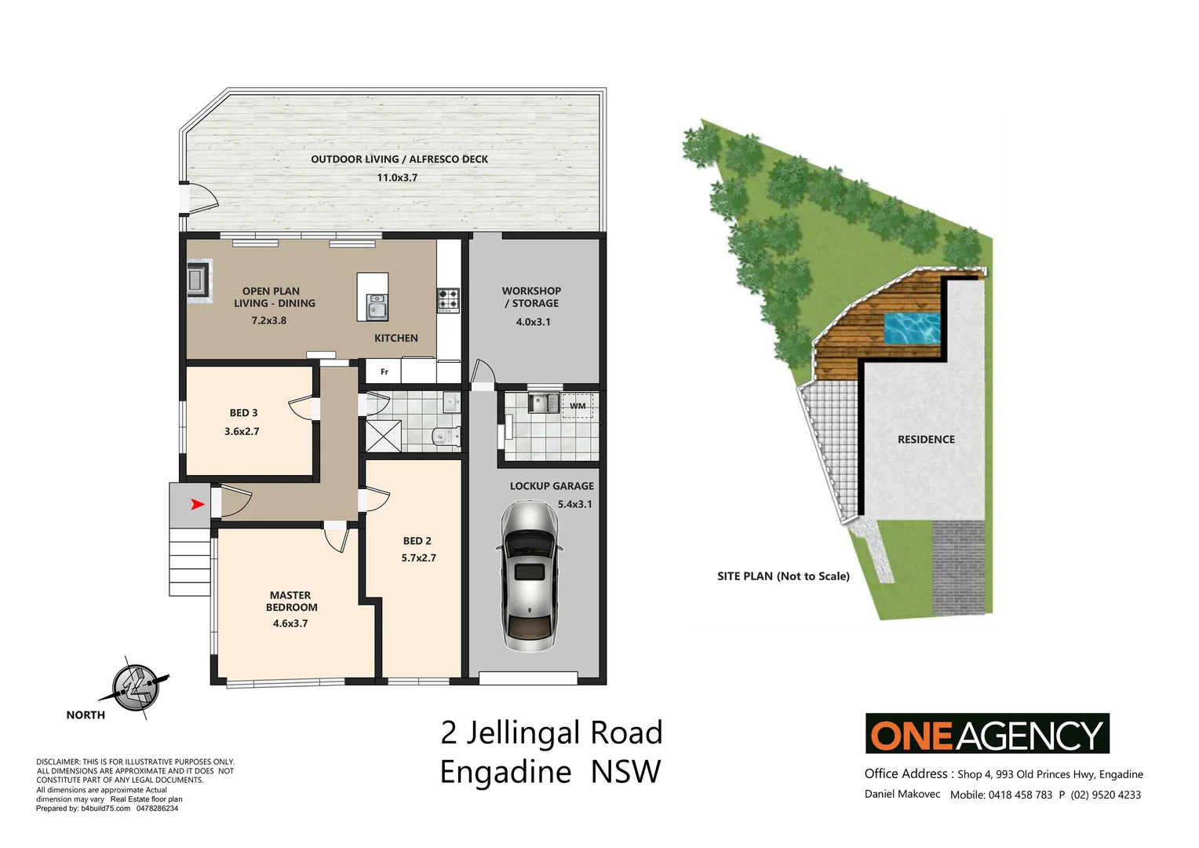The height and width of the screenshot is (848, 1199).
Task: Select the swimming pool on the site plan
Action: click(912, 328)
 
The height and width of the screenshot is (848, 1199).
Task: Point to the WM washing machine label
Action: click(578, 406)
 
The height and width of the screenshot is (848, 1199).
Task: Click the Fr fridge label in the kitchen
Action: click(384, 371)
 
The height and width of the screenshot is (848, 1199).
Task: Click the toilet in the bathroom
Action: click(444, 437)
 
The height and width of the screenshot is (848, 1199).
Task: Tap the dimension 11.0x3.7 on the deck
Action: click(397, 177)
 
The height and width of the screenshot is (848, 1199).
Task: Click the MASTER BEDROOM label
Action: click(290, 601)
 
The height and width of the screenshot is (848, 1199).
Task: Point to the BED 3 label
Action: click(243, 412)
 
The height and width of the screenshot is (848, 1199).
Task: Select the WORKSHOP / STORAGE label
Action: click(531, 297)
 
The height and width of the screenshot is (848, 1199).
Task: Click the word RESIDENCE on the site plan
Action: click(926, 439)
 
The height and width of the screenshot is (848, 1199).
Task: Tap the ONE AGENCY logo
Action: click(987, 734)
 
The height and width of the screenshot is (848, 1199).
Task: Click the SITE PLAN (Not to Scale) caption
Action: click(783, 576)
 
